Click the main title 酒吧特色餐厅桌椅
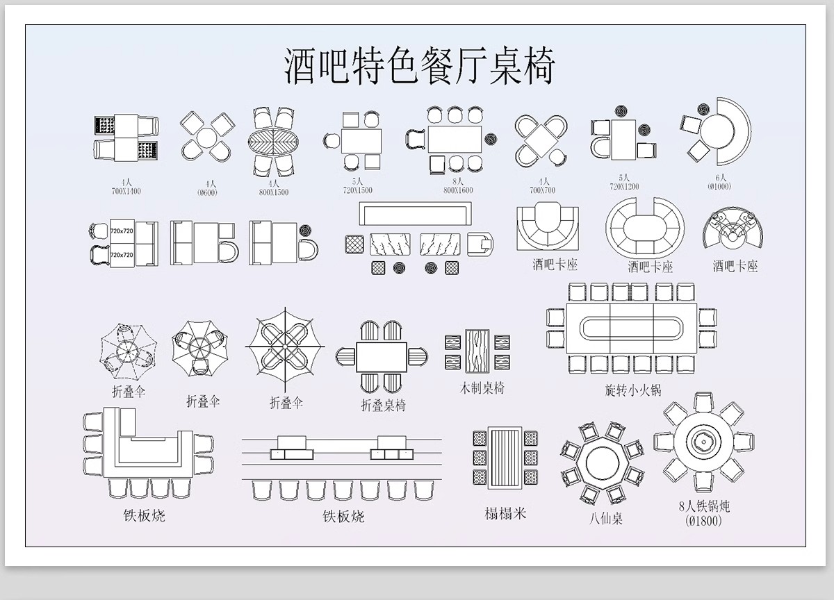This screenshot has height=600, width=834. (419, 66)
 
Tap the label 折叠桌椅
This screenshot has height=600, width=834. (383, 405)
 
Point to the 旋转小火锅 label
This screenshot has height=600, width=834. (632, 390)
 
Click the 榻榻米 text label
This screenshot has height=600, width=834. (505, 513)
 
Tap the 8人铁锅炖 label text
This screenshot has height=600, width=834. (704, 506)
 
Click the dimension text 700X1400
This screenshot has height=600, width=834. (126, 190)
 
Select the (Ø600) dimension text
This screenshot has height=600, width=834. (207, 192)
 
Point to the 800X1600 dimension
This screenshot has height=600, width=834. (458, 190)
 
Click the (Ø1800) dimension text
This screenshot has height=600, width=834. (703, 520)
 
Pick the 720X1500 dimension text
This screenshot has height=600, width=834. (357, 190)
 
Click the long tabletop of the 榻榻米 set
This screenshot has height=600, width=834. (505, 458)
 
